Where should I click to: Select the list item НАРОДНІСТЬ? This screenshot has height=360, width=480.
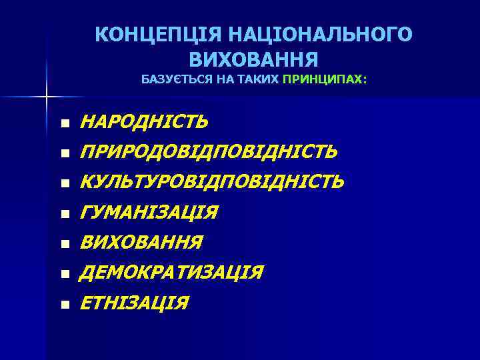coord(143,122)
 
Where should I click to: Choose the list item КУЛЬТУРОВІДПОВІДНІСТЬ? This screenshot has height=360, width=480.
coord(211,182)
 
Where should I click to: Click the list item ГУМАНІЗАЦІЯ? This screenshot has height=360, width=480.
coord(149,213)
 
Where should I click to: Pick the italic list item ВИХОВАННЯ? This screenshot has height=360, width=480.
coord(141,243)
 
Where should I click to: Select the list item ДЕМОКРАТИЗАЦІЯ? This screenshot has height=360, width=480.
coord(171,273)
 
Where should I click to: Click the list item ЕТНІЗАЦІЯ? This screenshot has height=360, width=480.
coord(134,303)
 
